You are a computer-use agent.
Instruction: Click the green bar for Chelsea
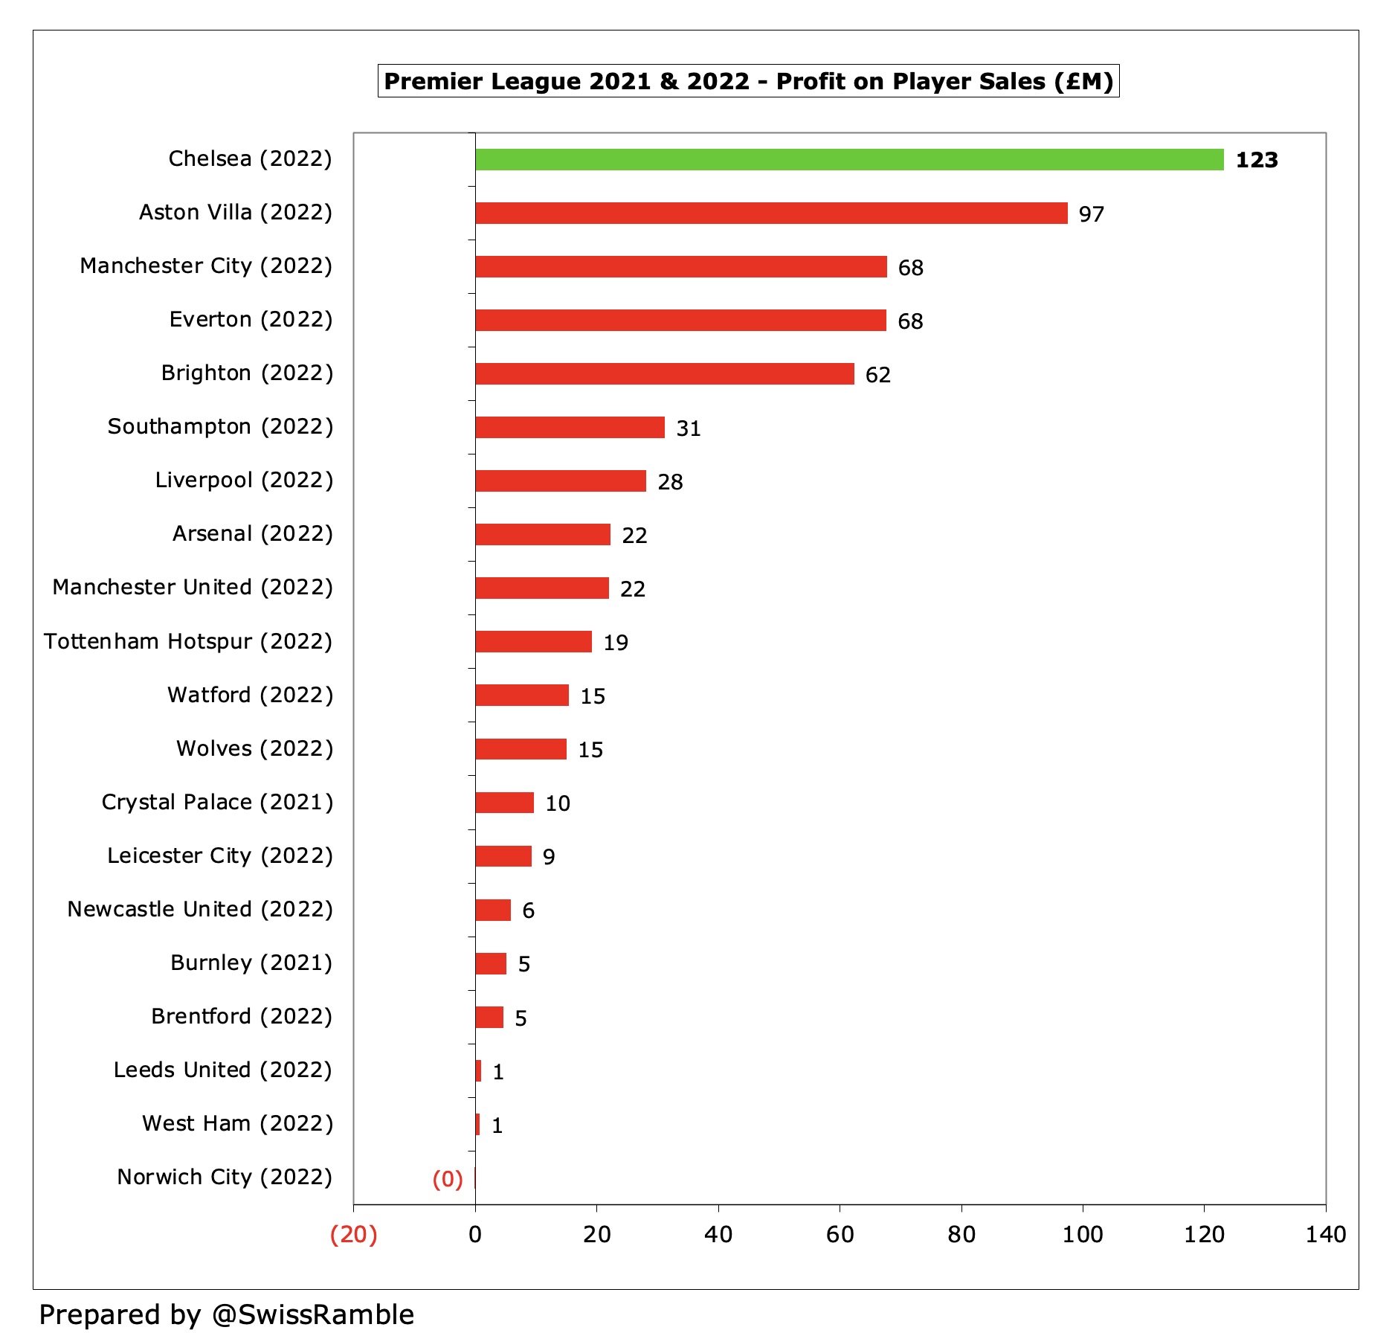[x=849, y=160]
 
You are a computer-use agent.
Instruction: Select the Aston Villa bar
[x=771, y=213]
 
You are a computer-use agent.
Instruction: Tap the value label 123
[x=1256, y=160]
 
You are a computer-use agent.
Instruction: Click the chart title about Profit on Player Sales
[x=748, y=81]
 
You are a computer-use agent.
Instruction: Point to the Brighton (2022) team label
[x=247, y=373]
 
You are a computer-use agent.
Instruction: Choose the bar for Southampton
[x=570, y=428]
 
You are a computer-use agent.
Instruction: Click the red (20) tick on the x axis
[x=353, y=1235]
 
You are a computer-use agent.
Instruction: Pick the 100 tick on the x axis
[x=1082, y=1235]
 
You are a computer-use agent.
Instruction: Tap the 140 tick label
[x=1325, y=1235]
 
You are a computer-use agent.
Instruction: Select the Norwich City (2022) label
[x=225, y=1177]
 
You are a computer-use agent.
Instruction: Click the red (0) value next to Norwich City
[x=448, y=1179]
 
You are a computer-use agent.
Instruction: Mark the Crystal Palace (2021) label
[x=217, y=802]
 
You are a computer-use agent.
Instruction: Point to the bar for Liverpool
[x=561, y=481]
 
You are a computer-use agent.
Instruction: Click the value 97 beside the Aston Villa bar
[x=1091, y=214]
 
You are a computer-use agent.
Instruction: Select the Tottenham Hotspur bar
[x=533, y=642]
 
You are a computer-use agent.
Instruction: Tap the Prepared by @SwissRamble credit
[x=226, y=1314]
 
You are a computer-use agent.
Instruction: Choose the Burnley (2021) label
[x=251, y=963]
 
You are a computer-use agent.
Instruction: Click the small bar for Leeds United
[x=479, y=1071]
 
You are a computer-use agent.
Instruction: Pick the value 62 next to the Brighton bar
[x=877, y=375]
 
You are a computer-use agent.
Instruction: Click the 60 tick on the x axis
[x=840, y=1235]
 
